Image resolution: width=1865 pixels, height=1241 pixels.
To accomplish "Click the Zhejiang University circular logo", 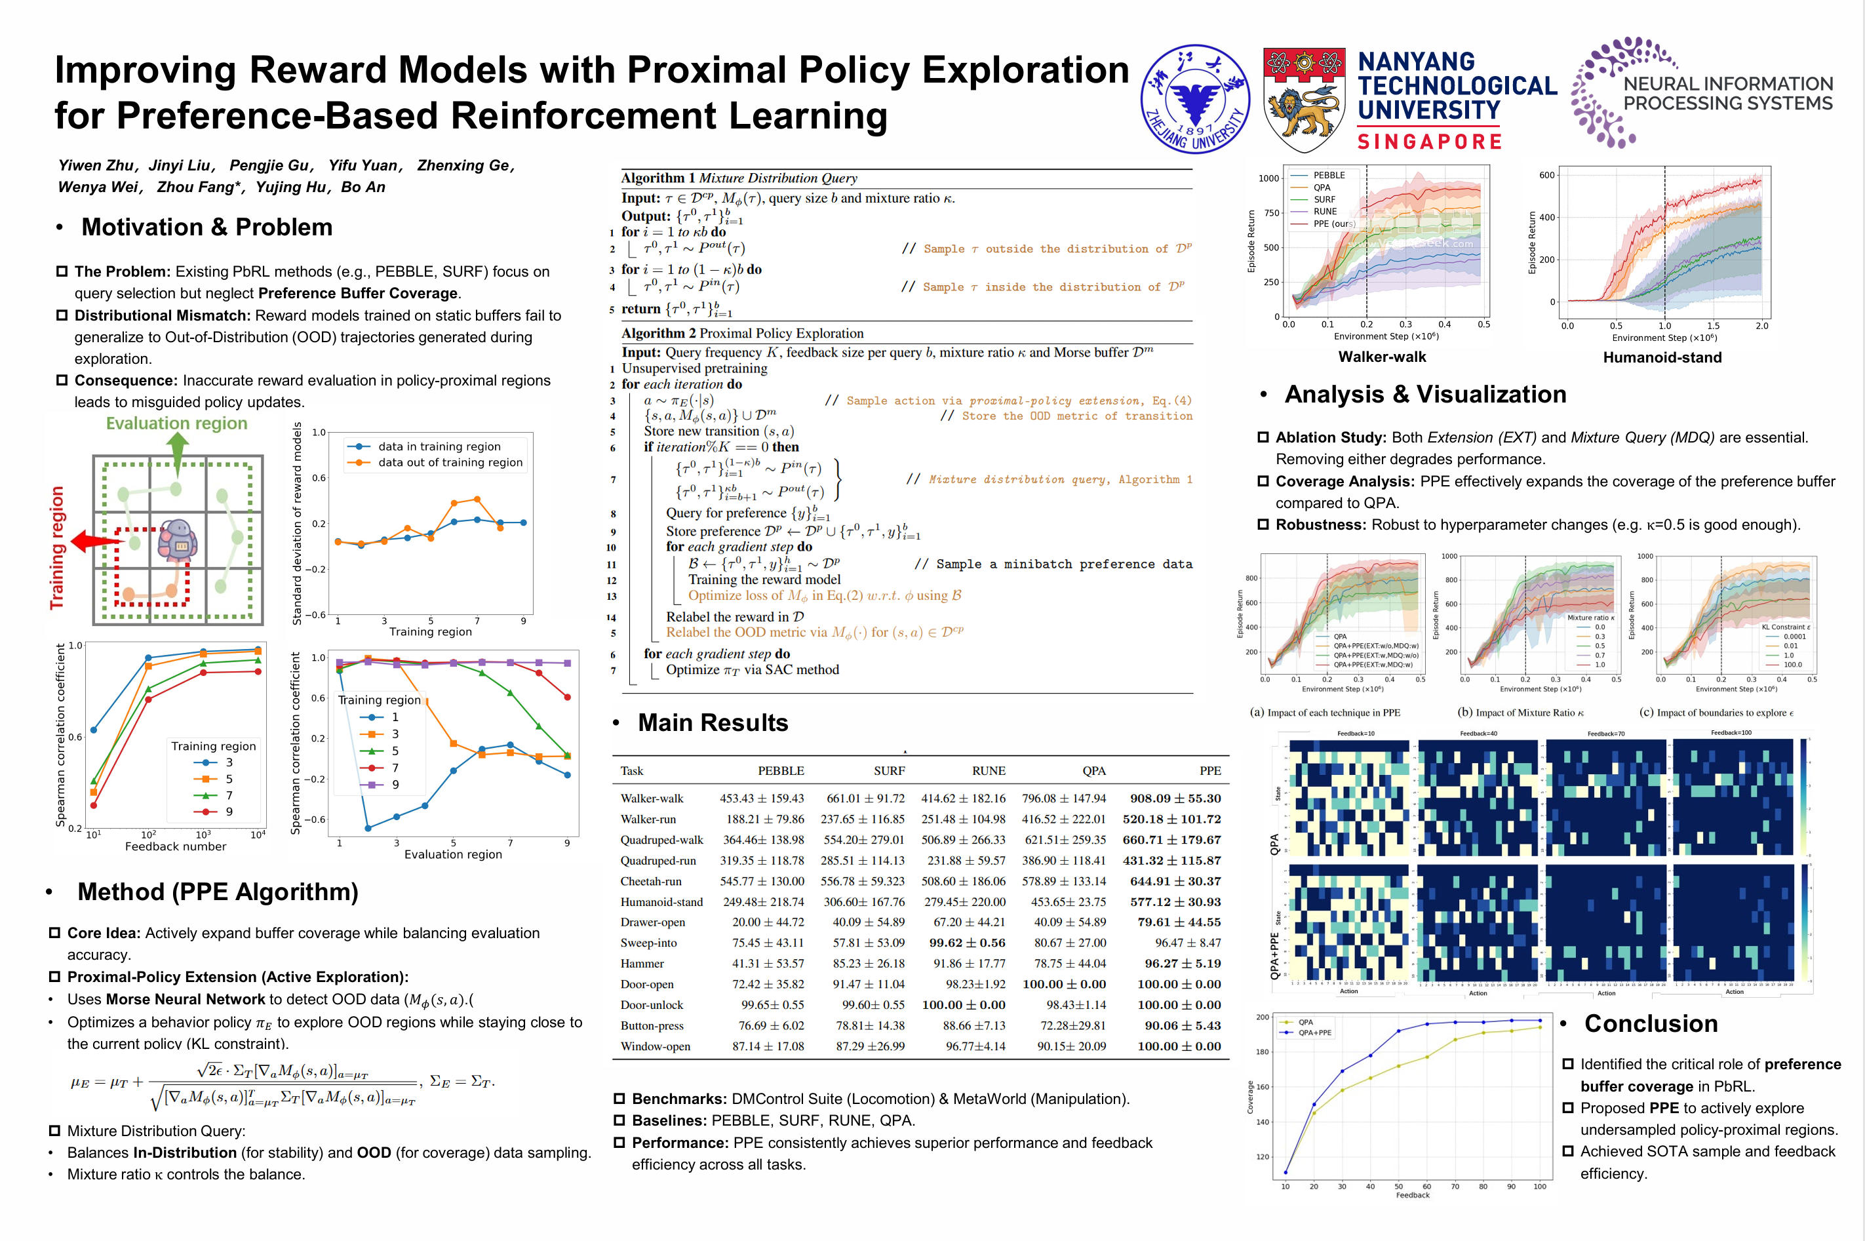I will (x=1195, y=99).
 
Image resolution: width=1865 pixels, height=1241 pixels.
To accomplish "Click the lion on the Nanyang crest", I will (x=1302, y=115).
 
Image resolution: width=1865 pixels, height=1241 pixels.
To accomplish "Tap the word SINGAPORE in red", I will (x=1429, y=142).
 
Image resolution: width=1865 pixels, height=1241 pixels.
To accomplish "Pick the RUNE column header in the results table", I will (x=989, y=771).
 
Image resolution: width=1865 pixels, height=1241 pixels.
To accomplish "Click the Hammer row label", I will (x=642, y=963).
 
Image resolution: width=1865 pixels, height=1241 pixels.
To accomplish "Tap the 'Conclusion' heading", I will (x=1651, y=1023).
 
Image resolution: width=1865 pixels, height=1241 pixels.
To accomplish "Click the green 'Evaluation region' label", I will (x=176, y=424).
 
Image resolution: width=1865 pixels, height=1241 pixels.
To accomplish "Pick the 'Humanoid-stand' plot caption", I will (x=1662, y=357).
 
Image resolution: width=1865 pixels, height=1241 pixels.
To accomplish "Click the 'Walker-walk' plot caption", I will (x=1381, y=357).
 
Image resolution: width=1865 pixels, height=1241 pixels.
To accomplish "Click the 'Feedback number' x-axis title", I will (x=176, y=846).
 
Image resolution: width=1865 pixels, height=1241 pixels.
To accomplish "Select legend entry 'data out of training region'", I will (x=450, y=462).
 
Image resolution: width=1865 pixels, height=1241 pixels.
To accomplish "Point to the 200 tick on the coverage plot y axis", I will (x=1263, y=1017).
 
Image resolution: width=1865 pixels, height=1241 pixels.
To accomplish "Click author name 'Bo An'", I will (x=363, y=187).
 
